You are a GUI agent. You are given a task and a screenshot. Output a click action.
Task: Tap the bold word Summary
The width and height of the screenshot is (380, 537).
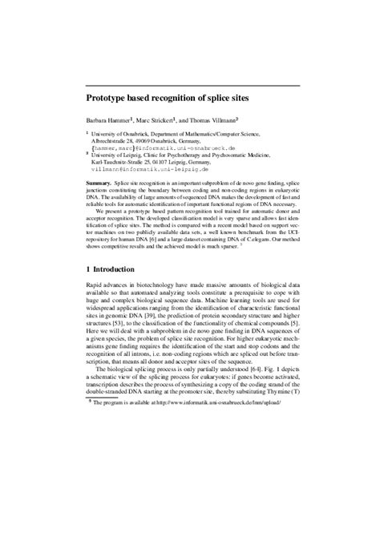[x=100, y=184]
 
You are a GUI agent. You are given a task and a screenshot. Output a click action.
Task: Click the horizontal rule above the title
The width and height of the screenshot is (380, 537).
[x=190, y=84]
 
